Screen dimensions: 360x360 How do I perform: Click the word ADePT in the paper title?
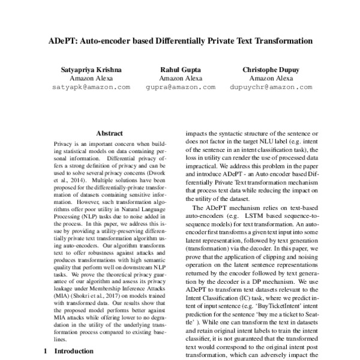62,42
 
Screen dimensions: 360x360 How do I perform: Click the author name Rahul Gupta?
182,70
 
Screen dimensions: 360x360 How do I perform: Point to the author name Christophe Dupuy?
271,70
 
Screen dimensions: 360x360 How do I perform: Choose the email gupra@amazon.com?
182,87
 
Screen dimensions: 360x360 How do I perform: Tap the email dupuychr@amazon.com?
271,87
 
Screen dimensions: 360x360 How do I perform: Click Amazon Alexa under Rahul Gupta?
182,78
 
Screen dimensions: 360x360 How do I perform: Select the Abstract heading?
109,133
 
